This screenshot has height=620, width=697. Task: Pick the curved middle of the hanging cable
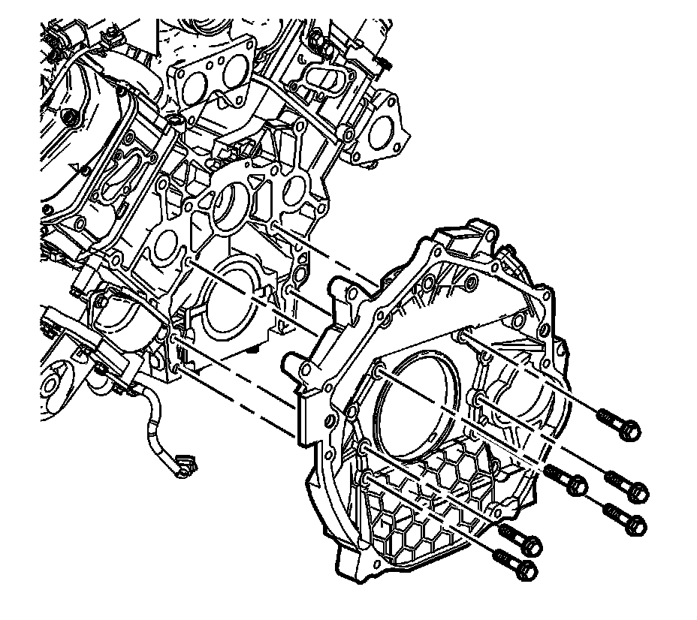click(x=154, y=420)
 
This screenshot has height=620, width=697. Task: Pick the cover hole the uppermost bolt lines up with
click(x=460, y=337)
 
